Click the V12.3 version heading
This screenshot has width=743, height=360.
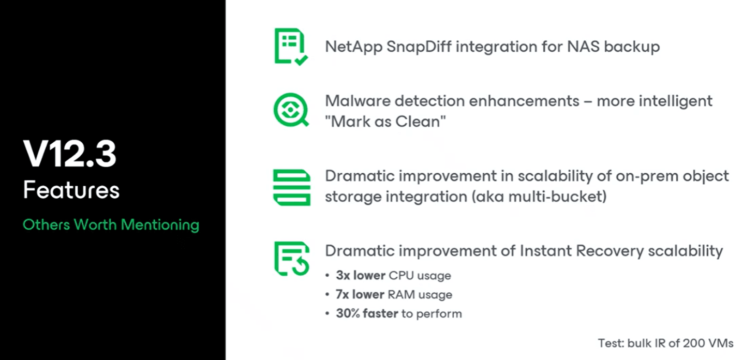point(70,154)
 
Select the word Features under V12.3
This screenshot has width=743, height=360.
point(71,190)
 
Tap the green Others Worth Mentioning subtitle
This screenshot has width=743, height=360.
point(111,225)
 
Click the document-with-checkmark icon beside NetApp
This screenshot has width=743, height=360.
point(291,47)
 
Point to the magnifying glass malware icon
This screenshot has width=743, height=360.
point(291,110)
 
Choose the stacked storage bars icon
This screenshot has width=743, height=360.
point(292,187)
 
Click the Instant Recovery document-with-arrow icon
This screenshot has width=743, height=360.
point(292,259)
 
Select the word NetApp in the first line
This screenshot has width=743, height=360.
point(353,47)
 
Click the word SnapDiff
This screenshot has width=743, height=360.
point(419,46)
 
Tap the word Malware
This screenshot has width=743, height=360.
point(358,101)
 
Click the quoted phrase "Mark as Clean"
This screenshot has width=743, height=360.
point(385,122)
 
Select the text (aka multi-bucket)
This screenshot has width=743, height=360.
point(539,197)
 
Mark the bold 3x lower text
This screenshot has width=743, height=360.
point(361,275)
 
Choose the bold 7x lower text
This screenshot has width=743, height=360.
point(360,294)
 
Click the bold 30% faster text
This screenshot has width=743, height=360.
point(367,313)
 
